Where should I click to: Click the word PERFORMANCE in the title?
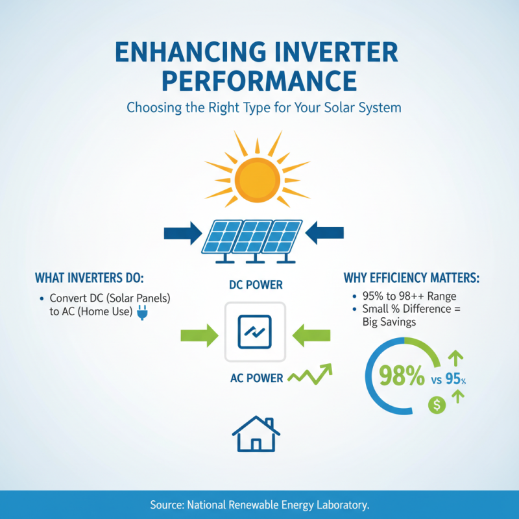pos(259,81)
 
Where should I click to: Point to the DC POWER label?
pos(256,285)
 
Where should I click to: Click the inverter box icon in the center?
pos(255,332)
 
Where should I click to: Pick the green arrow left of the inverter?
pos(200,335)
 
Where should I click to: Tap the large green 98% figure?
pos(394,376)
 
